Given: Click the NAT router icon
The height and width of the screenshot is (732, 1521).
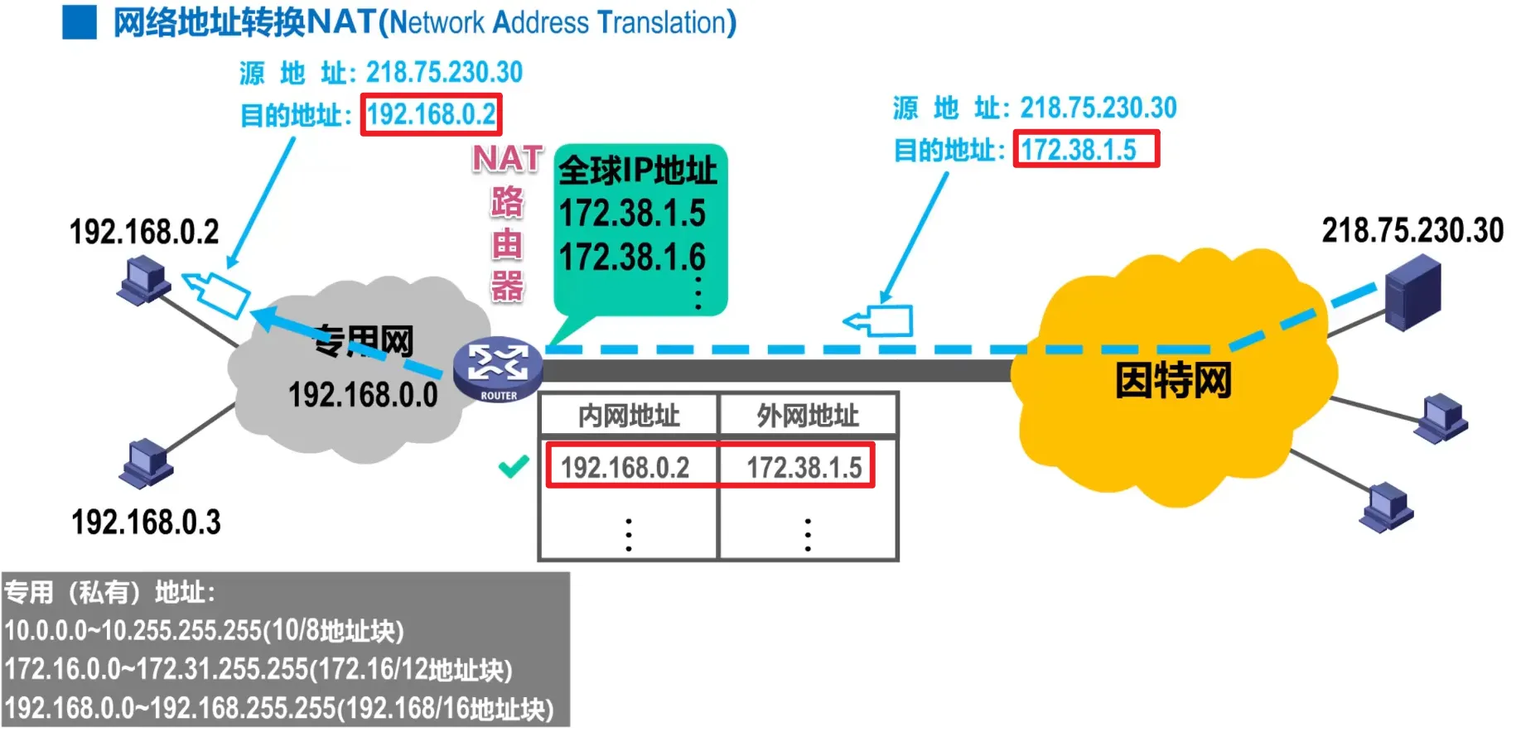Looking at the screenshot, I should pos(498,367).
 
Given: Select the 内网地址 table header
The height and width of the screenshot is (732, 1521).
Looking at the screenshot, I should pos(629,416).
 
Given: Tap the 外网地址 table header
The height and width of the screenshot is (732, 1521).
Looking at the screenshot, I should pos(808,416).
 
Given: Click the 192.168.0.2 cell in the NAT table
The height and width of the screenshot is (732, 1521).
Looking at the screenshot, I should pos(625,468).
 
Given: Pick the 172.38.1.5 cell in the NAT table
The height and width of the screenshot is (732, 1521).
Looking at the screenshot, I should pos(804,468).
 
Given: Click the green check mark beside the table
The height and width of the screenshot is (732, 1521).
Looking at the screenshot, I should pos(514,467).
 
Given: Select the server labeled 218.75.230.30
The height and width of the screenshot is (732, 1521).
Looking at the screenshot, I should pos(1414,292).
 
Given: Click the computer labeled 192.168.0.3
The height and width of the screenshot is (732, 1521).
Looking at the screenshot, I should pos(147,464).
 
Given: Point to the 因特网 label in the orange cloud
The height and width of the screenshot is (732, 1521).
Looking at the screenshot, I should pos(1173,381).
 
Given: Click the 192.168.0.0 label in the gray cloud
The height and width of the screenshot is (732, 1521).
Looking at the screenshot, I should pos(363,395).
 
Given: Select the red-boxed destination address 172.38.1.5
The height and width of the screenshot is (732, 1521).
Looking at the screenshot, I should pos(1086,150).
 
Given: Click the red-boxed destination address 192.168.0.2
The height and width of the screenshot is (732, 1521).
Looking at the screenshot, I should pos(432,114).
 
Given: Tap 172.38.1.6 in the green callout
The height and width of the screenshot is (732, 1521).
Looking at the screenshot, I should pos(632,258).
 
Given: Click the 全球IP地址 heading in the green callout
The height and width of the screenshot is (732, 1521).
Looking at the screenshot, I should pos(637,171).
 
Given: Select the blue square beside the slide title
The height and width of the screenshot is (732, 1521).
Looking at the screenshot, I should pos(80,22).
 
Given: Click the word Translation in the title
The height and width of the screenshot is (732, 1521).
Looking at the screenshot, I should pos(666,23).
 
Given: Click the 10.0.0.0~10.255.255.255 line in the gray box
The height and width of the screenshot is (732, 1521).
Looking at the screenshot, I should pos(204,631).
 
